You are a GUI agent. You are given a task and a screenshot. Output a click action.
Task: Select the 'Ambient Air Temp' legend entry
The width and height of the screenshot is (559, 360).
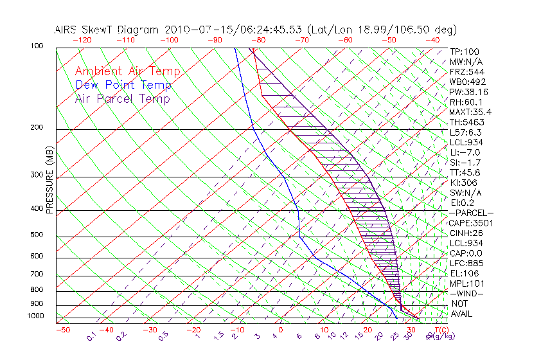pos(127,71)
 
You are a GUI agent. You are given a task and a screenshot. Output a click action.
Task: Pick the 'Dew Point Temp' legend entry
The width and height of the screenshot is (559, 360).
pos(123,85)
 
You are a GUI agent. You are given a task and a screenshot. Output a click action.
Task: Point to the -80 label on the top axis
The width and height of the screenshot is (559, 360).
pos(258,40)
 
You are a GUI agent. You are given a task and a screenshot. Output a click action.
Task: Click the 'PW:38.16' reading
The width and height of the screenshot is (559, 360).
pos(468,92)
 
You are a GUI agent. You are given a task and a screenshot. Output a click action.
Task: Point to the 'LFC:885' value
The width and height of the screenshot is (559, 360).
pos(466,263)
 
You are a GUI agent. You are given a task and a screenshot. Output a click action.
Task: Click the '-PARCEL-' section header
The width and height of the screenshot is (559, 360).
pos(471,213)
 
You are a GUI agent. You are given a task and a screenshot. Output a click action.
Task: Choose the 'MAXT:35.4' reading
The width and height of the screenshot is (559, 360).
pos(470,112)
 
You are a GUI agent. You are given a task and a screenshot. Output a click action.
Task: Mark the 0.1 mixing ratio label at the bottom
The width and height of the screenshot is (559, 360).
pos(92,337)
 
